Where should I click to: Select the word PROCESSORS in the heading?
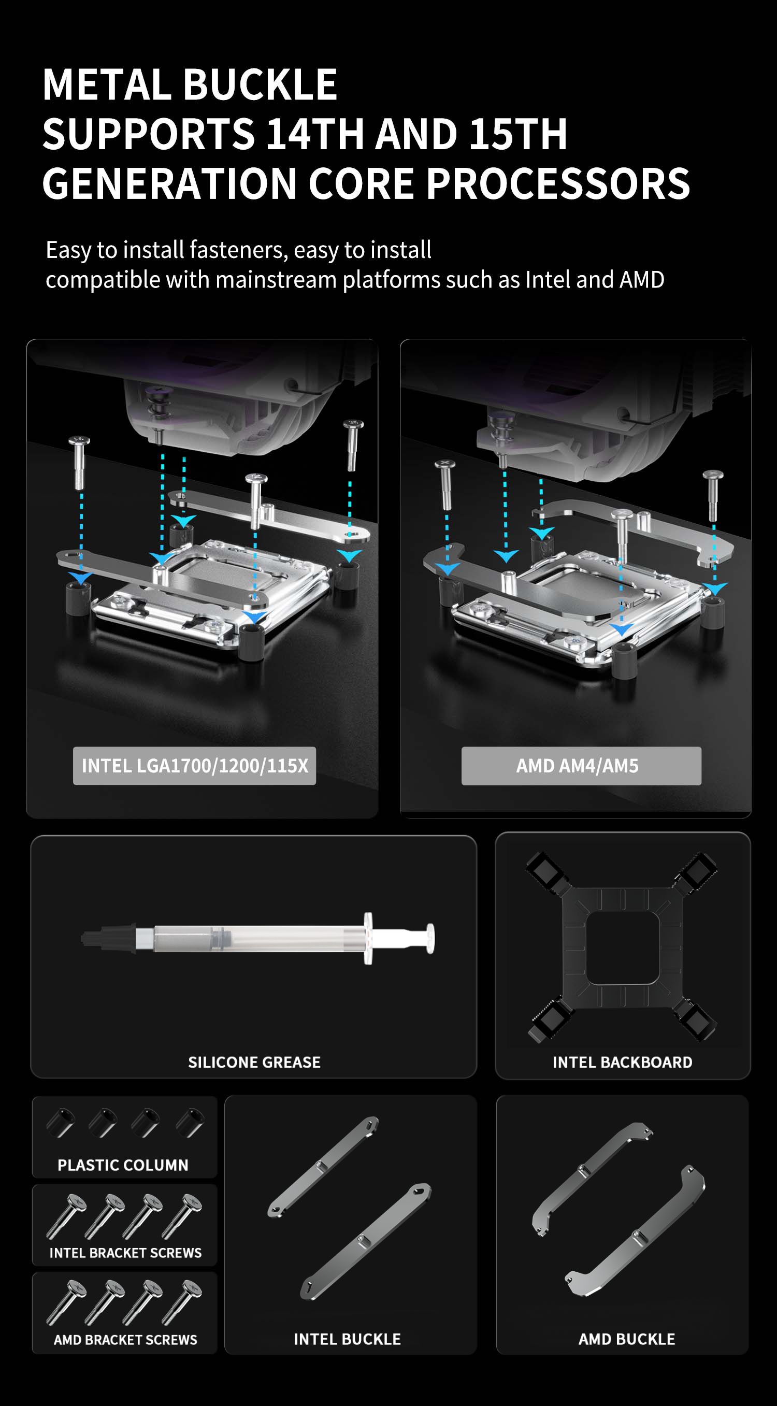click(x=558, y=183)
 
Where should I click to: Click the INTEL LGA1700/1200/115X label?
click(x=195, y=766)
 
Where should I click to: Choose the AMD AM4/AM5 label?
click(x=577, y=766)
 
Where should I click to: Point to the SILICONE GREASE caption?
click(x=254, y=1062)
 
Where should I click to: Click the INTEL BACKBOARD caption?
click(x=623, y=1062)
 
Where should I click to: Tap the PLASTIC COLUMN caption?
click(x=123, y=1165)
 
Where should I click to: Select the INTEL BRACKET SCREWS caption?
click(x=125, y=1253)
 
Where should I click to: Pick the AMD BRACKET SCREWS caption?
click(x=125, y=1339)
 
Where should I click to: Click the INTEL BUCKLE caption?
click(x=348, y=1339)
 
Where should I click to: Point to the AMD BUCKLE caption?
click(x=627, y=1339)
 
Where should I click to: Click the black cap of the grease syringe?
click(x=109, y=938)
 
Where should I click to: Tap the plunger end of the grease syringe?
click(x=430, y=939)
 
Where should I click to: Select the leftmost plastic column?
click(x=60, y=1123)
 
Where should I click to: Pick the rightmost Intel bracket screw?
click(x=182, y=1216)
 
